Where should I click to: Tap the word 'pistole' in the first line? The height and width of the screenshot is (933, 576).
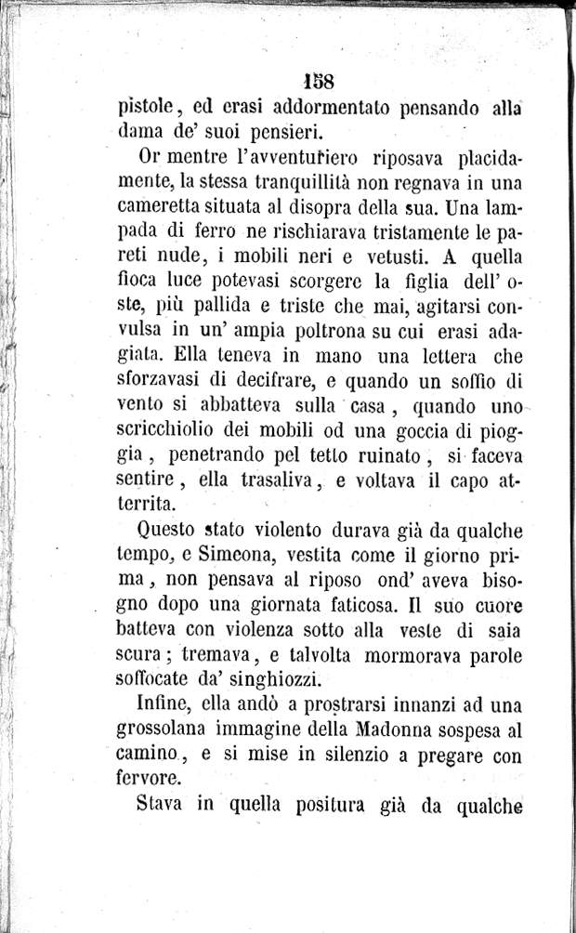click(150, 108)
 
